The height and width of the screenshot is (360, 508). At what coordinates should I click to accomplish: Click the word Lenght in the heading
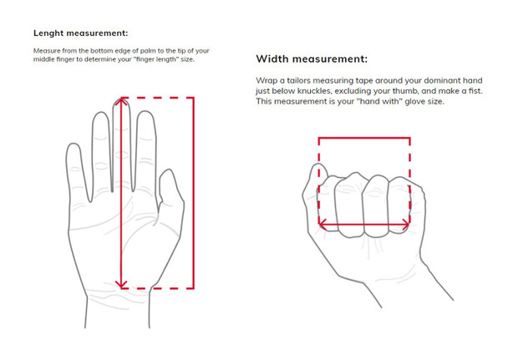(x=53, y=33)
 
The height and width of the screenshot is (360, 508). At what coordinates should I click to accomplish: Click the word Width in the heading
(x=277, y=59)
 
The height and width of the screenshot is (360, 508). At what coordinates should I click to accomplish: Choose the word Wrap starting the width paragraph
(x=267, y=79)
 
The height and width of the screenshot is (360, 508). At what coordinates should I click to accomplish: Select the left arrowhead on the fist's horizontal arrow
(x=322, y=225)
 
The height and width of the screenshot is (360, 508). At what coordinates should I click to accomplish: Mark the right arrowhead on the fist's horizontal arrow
(x=407, y=225)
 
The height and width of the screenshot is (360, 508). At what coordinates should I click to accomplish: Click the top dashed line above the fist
(x=363, y=136)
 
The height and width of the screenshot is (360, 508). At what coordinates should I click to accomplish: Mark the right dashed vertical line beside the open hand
(x=194, y=192)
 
